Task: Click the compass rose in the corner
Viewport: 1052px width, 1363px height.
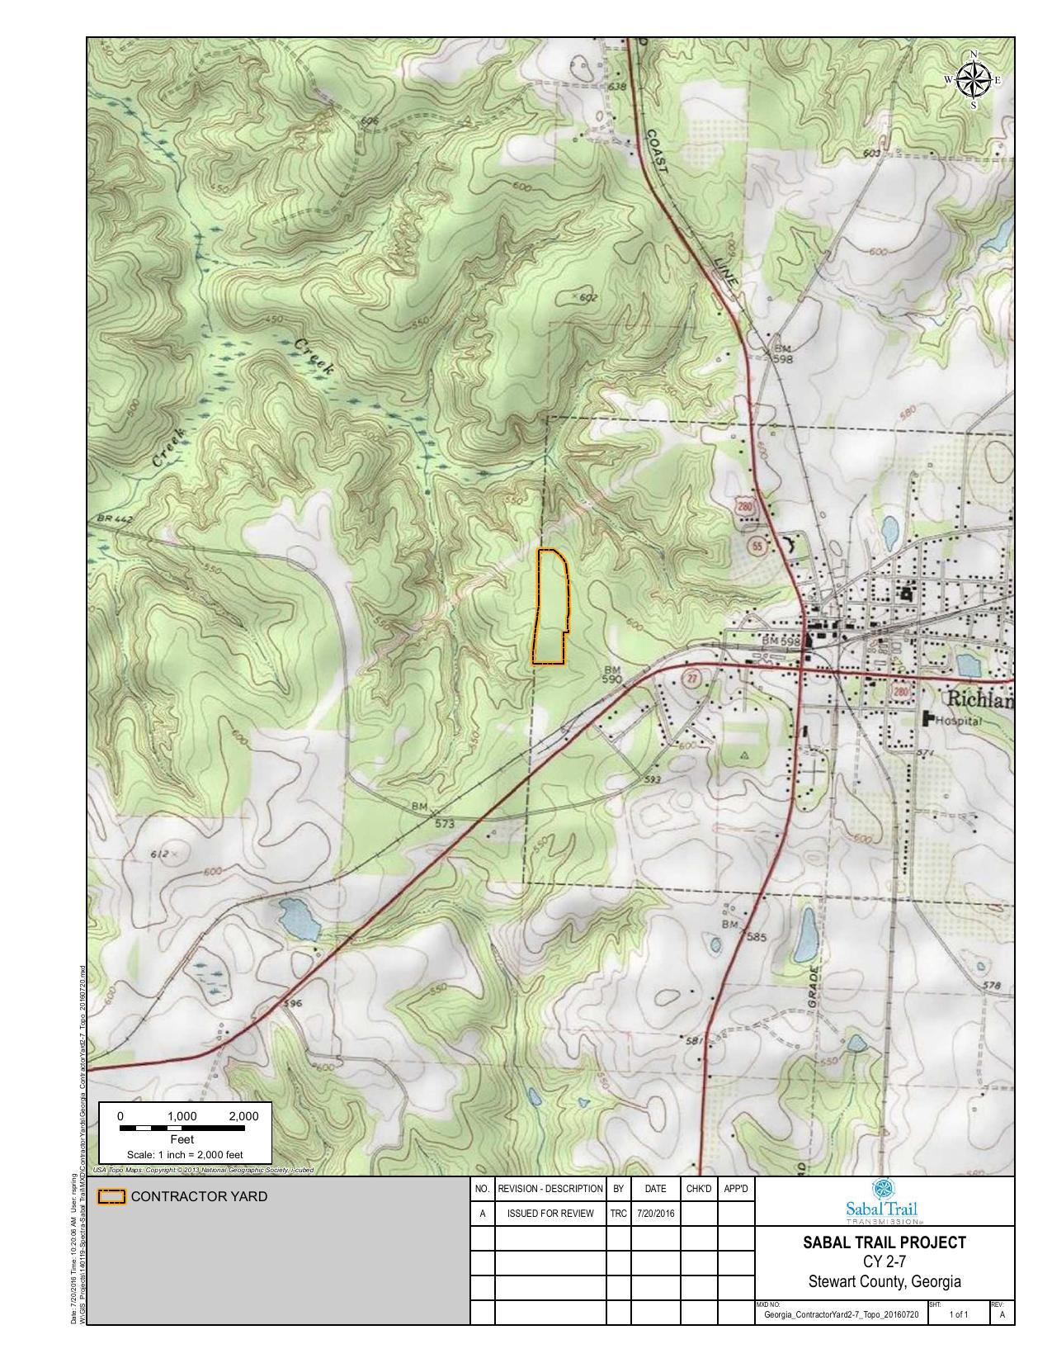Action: [x=974, y=80]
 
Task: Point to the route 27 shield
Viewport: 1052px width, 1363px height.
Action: [x=691, y=679]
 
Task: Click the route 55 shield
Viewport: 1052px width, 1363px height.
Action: [x=758, y=546]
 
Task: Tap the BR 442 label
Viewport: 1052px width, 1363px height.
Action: [x=115, y=519]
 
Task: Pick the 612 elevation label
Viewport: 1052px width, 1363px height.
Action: [x=159, y=854]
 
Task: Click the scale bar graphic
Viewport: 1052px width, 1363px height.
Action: [x=182, y=1128]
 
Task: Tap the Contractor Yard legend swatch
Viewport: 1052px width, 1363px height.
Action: [x=111, y=1196]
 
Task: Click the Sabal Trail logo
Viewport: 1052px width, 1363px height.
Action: [x=883, y=1201]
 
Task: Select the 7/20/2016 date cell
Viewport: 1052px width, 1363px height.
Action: [x=655, y=1214]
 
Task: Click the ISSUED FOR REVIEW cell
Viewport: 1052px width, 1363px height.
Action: [x=550, y=1214]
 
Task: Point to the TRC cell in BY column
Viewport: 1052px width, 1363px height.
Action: [x=618, y=1214]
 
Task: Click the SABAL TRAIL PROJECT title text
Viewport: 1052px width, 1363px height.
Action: [x=884, y=1242]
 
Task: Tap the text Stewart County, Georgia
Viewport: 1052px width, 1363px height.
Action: [x=884, y=1282]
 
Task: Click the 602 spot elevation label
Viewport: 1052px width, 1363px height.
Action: [x=585, y=298]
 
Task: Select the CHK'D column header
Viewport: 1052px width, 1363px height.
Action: [x=698, y=1189]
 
